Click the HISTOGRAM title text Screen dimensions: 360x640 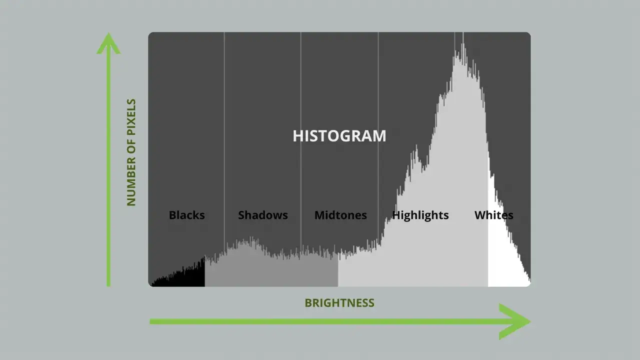[339, 136]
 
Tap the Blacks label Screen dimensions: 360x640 [186, 215]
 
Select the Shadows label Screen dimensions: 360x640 [262, 215]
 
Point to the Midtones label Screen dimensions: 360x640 [340, 215]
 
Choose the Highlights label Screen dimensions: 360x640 [420, 215]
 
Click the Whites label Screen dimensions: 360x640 [493, 215]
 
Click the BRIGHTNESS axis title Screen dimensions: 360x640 [339, 303]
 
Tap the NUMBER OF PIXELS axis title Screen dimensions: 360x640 [131, 152]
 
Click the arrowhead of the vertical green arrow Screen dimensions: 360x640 [108, 43]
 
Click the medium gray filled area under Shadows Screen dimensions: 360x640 [270, 272]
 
